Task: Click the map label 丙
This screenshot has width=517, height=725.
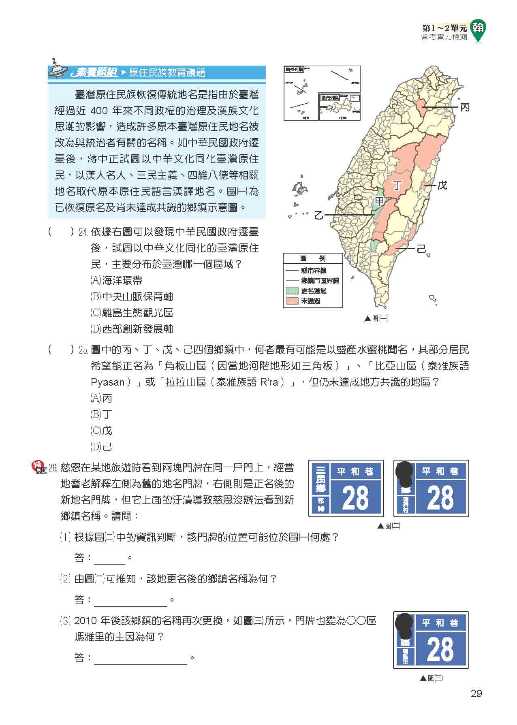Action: click(465, 107)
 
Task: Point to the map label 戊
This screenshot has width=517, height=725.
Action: click(442, 186)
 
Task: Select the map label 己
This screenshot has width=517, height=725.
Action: click(421, 248)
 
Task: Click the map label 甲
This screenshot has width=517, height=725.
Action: click(379, 201)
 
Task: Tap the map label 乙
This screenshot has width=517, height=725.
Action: click(319, 215)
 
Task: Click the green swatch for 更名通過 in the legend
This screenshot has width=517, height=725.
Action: click(292, 291)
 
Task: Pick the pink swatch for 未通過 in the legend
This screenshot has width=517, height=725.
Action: click(292, 301)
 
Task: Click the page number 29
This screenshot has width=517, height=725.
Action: click(476, 694)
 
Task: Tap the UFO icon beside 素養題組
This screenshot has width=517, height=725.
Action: click(59, 71)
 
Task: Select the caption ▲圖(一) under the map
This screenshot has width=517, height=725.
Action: click(376, 319)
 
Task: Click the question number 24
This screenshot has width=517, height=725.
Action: click(83, 232)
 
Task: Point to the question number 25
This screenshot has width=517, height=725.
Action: click(83, 350)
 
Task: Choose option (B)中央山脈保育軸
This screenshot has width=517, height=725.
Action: click(132, 297)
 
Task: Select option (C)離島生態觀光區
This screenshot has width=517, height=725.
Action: click(132, 313)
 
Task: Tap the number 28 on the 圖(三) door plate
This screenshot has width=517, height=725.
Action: click(440, 649)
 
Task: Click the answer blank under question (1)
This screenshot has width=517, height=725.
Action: click(109, 559)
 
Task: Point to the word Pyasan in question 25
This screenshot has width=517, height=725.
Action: click(107, 382)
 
